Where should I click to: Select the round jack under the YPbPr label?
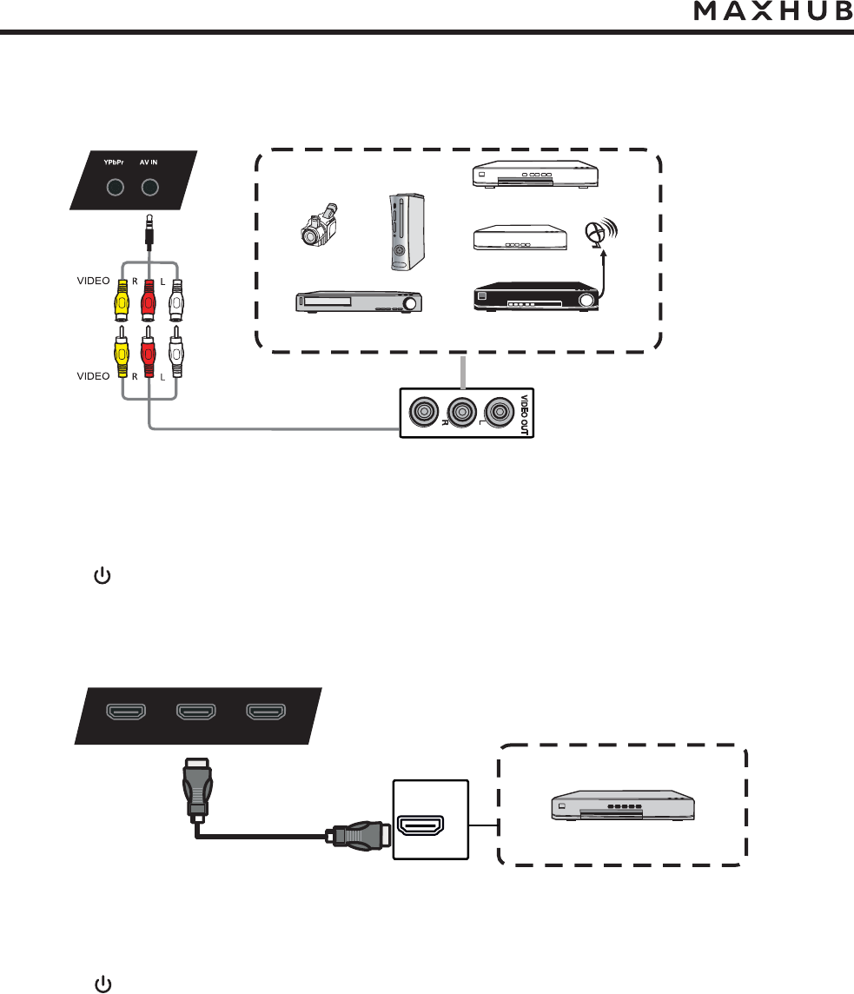114,188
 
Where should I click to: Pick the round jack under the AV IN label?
151,188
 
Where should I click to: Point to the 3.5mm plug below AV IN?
151,230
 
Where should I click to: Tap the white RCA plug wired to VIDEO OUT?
176,351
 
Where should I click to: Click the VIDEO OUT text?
524,416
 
